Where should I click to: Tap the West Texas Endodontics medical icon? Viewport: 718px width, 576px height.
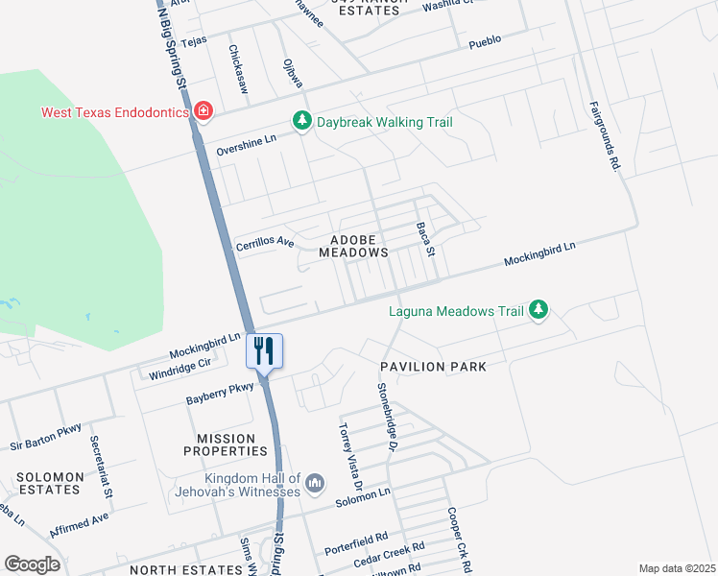point(203,112)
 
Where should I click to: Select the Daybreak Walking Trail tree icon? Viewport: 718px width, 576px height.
point(302,122)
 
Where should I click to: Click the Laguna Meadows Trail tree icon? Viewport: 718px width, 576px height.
point(539,310)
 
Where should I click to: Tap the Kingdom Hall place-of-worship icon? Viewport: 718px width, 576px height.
point(316,483)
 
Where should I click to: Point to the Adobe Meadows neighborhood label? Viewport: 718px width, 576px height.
point(359,246)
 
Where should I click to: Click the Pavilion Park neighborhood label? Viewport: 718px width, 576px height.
point(433,367)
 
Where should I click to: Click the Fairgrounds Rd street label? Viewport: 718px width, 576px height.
point(604,136)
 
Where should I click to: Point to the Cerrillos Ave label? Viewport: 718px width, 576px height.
point(265,244)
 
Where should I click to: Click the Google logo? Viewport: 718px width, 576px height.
point(32,564)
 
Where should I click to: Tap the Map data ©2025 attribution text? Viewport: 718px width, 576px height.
point(677,568)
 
